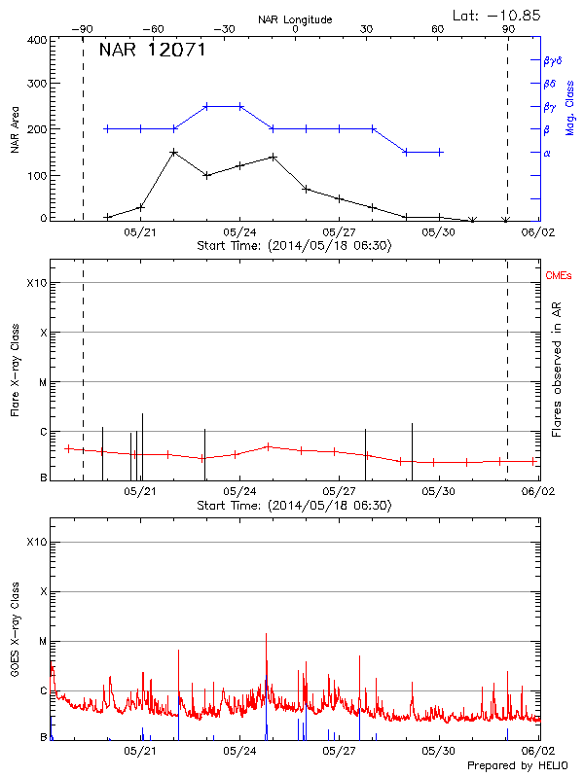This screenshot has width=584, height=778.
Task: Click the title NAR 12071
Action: click(x=152, y=51)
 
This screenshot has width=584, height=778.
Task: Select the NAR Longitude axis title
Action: click(x=295, y=19)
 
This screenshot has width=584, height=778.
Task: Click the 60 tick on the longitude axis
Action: click(x=438, y=30)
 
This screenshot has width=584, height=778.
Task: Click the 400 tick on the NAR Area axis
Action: click(x=37, y=41)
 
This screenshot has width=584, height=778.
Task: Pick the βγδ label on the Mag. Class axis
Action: click(x=553, y=60)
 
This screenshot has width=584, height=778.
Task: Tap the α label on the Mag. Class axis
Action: click(x=546, y=153)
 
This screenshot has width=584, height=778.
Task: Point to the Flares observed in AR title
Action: click(x=557, y=367)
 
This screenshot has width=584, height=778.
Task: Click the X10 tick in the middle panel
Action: click(x=37, y=283)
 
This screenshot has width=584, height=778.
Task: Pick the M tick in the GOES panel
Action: click(x=42, y=642)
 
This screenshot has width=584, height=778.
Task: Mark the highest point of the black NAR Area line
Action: click(x=173, y=152)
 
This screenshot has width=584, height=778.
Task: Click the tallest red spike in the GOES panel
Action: click(x=266, y=634)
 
